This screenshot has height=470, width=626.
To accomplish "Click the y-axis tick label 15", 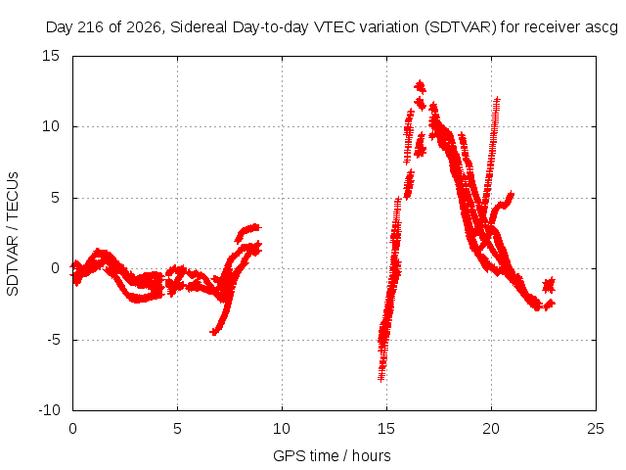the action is tap(51, 56).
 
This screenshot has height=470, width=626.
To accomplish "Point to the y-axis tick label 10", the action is tap(51, 126).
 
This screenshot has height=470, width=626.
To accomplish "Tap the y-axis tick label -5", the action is tap(53, 340).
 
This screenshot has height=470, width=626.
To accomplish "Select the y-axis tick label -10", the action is tap(50, 410).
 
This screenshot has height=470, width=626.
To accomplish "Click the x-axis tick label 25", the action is tap(596, 429).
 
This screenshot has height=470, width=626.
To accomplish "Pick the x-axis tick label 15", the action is tap(386, 429).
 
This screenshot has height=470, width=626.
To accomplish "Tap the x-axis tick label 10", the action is tap(282, 429).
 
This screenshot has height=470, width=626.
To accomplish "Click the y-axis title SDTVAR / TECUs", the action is tap(13, 234).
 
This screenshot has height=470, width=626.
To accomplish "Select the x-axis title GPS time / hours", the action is tap(332, 455).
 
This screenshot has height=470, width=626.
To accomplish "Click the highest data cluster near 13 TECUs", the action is tap(420, 87).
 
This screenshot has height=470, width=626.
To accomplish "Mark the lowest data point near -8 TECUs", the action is tap(381, 377).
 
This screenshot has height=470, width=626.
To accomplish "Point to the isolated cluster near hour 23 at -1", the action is tap(549, 285).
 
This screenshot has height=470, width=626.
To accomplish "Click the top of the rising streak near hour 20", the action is tap(497, 98).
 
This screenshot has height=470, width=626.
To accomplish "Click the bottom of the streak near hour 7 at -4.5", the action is tap(214, 332).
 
